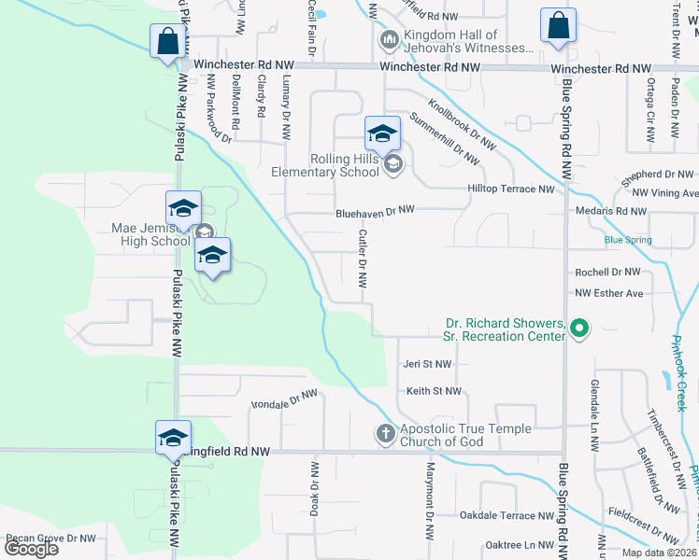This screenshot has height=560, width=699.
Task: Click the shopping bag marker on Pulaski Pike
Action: (x=166, y=42)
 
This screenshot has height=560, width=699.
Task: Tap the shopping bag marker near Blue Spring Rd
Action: (x=558, y=26)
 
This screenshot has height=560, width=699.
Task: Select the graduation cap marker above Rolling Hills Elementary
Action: (x=382, y=135)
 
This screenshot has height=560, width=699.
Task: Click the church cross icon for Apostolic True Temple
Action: (x=385, y=433)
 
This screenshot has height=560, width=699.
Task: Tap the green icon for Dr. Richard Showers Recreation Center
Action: (x=578, y=328)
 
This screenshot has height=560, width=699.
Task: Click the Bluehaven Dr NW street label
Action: (x=376, y=212)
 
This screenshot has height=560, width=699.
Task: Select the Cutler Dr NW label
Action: (x=363, y=259)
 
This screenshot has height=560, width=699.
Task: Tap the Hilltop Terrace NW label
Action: (x=511, y=189)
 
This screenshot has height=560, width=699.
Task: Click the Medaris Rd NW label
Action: (x=611, y=211)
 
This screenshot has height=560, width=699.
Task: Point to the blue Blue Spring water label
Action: (x=627, y=240)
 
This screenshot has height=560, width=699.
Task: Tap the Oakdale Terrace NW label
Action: (x=507, y=515)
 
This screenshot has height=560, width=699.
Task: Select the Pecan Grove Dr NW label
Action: (x=50, y=539)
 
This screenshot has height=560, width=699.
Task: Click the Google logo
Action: (x=31, y=548)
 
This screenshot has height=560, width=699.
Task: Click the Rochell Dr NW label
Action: (x=607, y=272)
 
